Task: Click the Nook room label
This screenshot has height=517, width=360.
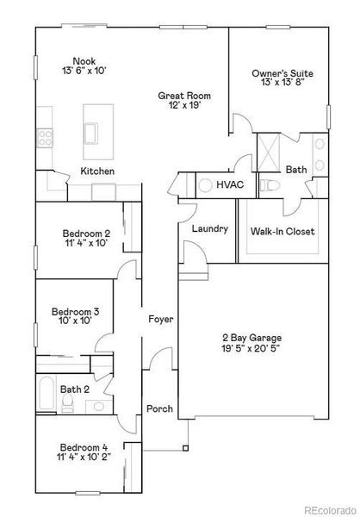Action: tap(84, 60)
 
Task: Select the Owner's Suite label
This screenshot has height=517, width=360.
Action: tap(281, 74)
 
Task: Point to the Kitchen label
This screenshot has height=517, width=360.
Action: tap(97, 171)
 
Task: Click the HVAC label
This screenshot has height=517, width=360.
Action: tap(230, 185)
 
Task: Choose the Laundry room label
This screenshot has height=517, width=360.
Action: tap(209, 228)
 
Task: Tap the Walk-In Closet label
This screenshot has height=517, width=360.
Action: tap(282, 231)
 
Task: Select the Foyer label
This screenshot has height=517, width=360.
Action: tap(160, 319)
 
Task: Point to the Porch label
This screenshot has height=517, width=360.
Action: tap(159, 408)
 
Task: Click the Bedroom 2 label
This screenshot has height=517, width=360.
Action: tap(86, 234)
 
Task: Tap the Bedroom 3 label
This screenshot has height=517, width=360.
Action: tap(75, 311)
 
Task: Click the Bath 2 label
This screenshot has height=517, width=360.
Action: tap(74, 389)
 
